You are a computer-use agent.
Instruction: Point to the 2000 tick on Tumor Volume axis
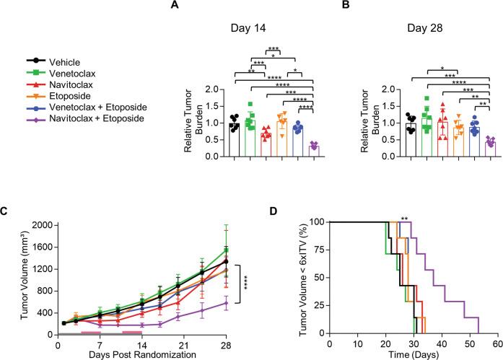(40, 225)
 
